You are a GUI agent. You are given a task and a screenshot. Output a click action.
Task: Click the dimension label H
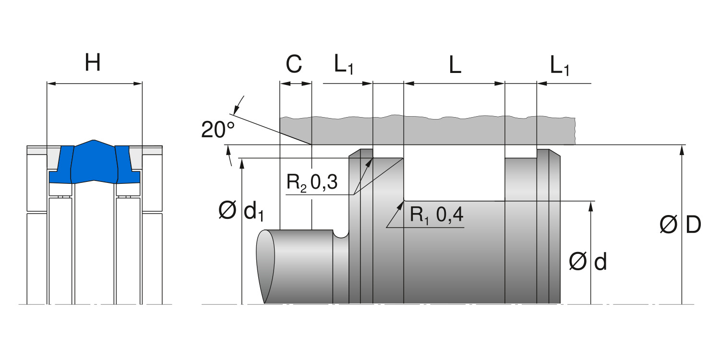[93, 62]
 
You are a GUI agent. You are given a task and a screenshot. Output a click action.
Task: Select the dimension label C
[294, 64]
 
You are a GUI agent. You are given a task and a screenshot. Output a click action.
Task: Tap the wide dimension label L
[455, 65]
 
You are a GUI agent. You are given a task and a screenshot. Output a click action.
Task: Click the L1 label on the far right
[560, 65]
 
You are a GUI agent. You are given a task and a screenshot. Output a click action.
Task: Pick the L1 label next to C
[344, 65]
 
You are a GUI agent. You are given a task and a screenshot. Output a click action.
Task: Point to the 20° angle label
[218, 130]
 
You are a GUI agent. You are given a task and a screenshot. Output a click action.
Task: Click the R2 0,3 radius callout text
[312, 182]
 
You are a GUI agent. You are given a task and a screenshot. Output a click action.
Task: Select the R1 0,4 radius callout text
[436, 215]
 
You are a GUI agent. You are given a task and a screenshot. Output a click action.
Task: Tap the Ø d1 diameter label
[241, 211]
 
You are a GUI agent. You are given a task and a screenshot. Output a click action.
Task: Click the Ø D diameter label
[681, 225]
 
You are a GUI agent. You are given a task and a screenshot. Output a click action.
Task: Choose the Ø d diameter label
[588, 262]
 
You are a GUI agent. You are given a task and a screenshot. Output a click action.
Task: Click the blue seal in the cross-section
[94, 163]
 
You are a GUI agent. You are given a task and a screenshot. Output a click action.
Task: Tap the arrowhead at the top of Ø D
[681, 149]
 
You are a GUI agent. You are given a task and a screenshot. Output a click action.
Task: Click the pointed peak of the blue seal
[94, 141]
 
